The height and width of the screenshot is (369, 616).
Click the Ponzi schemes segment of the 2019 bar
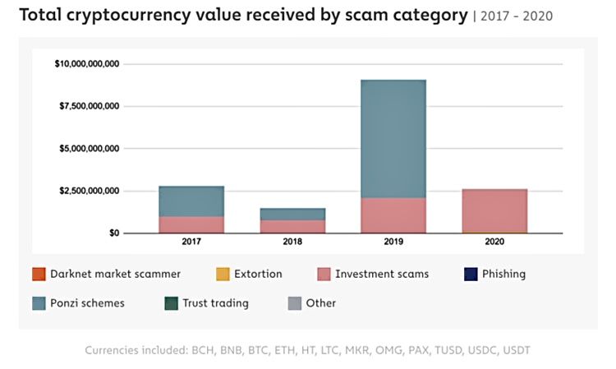point(393,139)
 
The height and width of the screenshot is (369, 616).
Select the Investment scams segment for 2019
point(393,215)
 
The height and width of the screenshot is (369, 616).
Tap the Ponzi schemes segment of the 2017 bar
point(191,201)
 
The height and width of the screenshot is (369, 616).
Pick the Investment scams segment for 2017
point(191,224)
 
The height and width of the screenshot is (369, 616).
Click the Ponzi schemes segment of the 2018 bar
point(292,214)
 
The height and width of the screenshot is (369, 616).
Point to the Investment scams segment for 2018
point(292,226)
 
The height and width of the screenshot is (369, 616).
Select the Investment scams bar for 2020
point(494,211)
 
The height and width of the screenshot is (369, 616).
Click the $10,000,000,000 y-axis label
point(86,63)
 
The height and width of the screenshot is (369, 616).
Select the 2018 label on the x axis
point(292,242)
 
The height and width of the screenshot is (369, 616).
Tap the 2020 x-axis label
point(494,242)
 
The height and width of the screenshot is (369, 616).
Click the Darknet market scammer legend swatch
point(38,274)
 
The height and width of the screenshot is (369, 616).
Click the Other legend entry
point(320,303)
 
